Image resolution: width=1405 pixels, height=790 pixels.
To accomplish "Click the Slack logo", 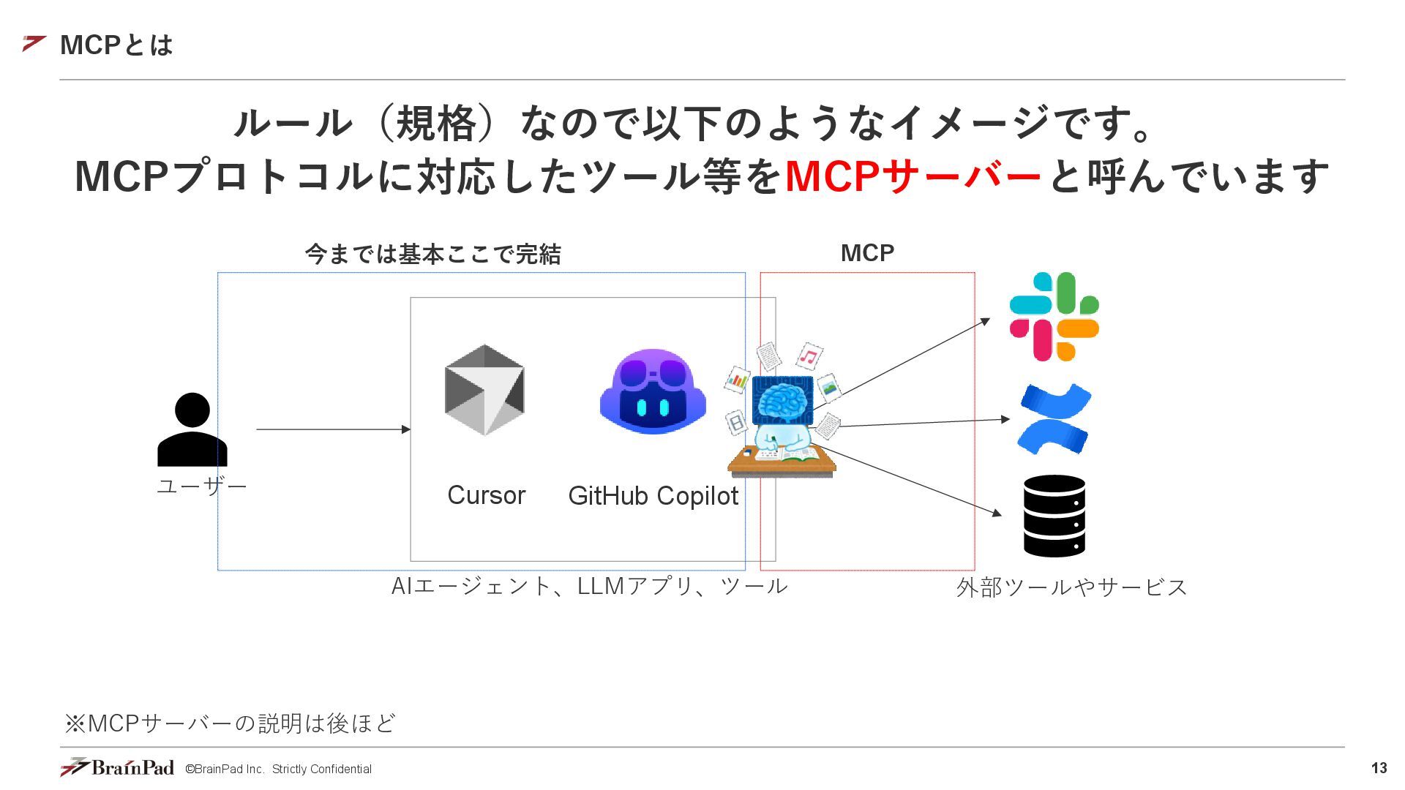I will tap(1054, 317).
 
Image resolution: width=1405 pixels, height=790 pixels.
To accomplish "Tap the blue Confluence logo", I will tap(1054, 419).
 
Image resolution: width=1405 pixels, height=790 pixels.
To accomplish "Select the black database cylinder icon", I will tap(1054, 516).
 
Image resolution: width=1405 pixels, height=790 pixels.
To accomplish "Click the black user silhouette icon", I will tap(192, 430).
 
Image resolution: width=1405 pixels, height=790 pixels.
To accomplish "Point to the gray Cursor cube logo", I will tap(484, 390).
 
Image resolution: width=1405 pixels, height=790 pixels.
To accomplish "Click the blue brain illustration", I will tap(782, 402).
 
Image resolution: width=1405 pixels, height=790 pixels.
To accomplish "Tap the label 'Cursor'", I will tap(486, 495).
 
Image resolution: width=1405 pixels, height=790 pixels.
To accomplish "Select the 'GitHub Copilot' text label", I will tap(653, 496).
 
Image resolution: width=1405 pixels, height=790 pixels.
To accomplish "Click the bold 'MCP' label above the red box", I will tap(867, 253).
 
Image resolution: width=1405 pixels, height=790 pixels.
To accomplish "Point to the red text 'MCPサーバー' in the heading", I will tap(913, 176).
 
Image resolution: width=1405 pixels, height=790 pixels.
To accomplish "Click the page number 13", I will tap(1379, 768).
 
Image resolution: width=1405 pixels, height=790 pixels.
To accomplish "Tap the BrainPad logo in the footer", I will tap(118, 767).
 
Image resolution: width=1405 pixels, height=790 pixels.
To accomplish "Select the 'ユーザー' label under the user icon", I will tap(202, 486).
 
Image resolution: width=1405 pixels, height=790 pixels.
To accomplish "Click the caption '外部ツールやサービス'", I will tap(1071, 587).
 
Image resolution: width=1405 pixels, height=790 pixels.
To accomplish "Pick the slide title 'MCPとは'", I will tap(116, 45).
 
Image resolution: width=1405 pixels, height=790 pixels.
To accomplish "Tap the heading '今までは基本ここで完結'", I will tap(433, 255).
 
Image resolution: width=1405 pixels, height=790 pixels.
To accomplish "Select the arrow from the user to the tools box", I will tap(333, 429).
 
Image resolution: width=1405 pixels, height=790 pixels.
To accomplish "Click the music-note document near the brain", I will tap(809, 357).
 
